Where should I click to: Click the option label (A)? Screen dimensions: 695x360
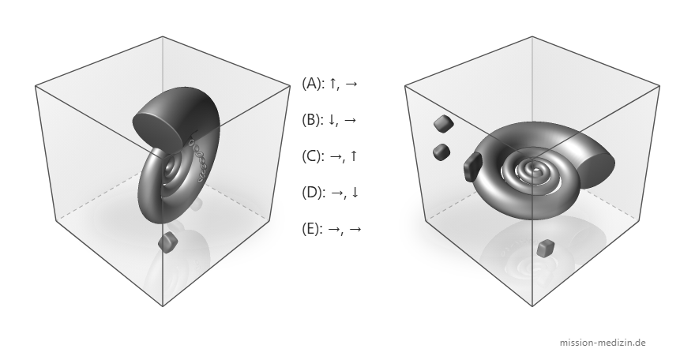click(314, 84)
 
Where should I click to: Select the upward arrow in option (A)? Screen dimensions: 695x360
click(332, 84)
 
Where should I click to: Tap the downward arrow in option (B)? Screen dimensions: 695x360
click(332, 120)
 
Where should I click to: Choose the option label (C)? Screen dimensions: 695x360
click(314, 156)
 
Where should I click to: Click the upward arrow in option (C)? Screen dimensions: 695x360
click(353, 156)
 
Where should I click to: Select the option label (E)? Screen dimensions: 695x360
click(313, 229)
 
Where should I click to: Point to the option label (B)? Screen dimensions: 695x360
click(314, 120)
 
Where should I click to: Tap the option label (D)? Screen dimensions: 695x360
click(314, 193)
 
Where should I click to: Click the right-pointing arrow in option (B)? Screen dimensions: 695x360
click(350, 120)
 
